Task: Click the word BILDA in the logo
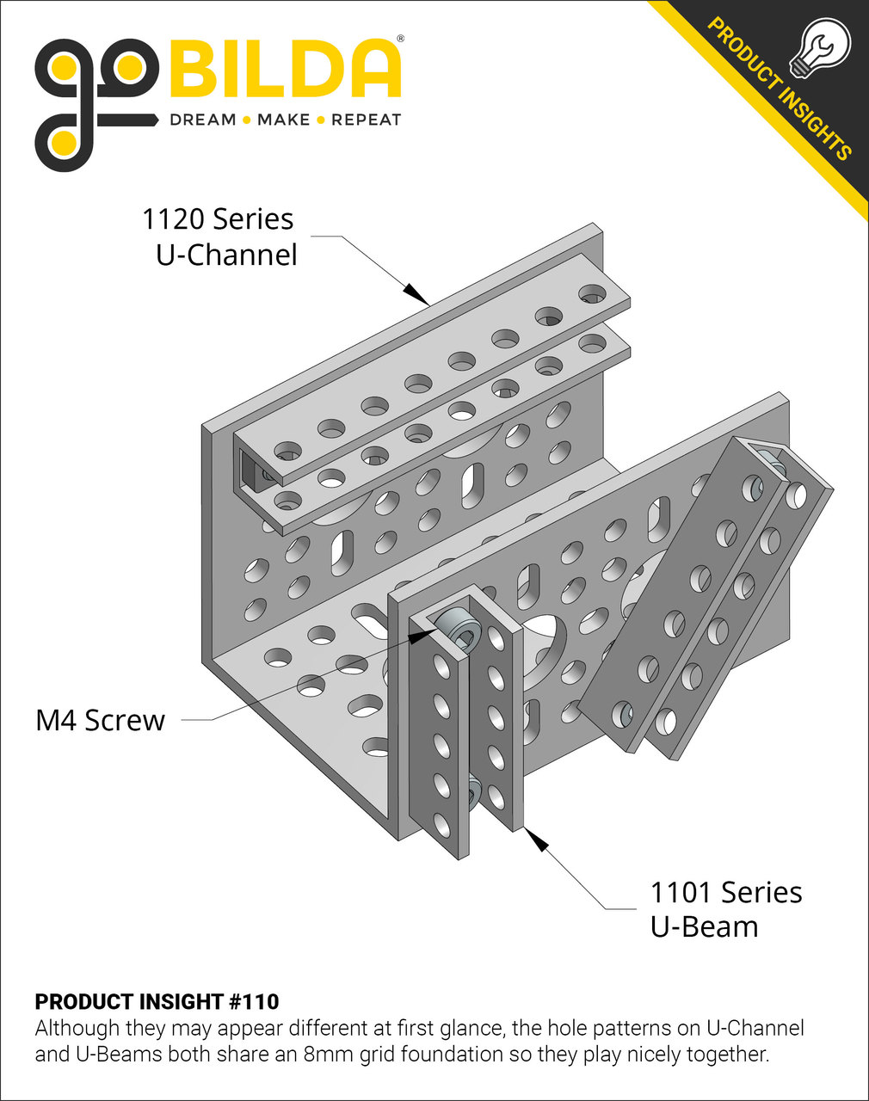[x=287, y=69]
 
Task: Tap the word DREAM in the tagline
[x=203, y=120]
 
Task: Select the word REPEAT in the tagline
[x=366, y=120]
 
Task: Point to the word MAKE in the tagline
[x=283, y=120]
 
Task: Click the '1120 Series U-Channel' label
[x=219, y=237]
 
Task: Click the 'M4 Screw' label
[x=100, y=720]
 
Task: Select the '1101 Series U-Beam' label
[x=725, y=909]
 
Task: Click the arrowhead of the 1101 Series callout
[x=536, y=840]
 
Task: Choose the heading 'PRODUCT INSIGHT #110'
[x=157, y=1001]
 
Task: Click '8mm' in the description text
[x=330, y=1054]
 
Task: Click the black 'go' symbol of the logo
[x=95, y=103]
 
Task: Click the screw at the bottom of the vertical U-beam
[x=473, y=792]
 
